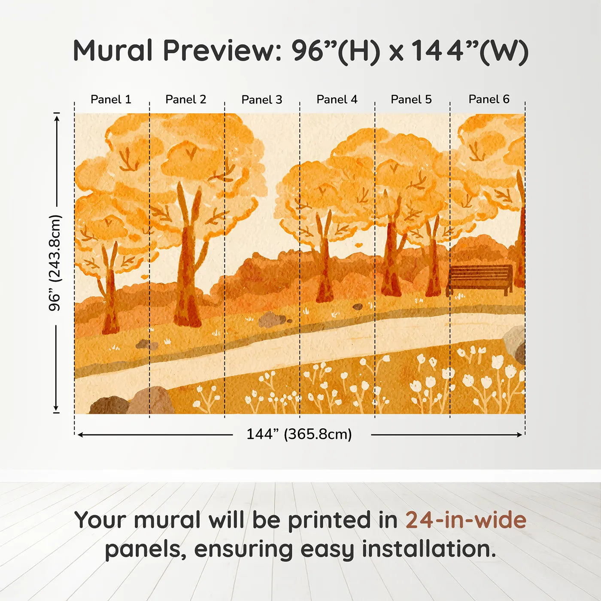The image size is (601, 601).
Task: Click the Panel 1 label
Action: (111, 100)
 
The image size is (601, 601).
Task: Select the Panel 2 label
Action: (185, 100)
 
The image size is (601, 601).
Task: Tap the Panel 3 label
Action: (262, 100)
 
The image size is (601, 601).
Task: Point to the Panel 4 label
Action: (337, 100)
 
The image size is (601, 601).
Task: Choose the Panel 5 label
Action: (411, 100)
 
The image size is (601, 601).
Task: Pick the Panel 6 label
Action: (489, 99)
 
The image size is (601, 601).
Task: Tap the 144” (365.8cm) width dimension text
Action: (299, 434)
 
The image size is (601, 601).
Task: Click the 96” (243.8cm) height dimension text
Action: (55, 263)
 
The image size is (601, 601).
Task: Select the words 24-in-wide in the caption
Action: (466, 519)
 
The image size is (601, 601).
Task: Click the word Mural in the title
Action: (112, 50)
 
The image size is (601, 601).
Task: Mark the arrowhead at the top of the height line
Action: (57, 118)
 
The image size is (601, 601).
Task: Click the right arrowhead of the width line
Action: (519, 435)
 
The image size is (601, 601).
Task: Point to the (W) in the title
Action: (504, 52)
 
